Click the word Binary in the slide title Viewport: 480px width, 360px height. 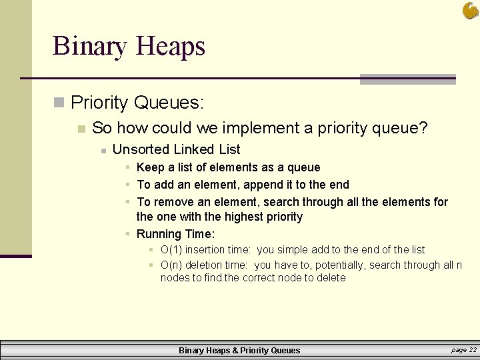coord(90,46)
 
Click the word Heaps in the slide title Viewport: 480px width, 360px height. coord(170,47)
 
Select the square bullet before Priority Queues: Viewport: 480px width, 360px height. coord(59,102)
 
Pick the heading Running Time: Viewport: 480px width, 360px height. coord(175,234)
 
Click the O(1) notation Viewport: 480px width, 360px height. coord(171,250)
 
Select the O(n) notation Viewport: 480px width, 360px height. coord(171,265)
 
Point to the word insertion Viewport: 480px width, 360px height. coord(207,250)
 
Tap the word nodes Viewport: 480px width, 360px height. coord(174,278)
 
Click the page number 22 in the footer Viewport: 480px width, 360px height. coord(473,350)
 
